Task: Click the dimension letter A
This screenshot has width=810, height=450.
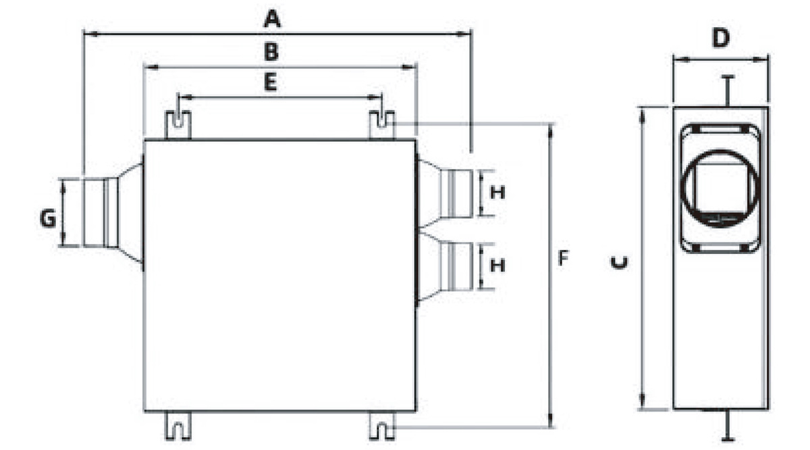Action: click(272, 19)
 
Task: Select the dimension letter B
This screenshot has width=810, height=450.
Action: click(271, 52)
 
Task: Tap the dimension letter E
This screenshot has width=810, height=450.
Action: click(271, 82)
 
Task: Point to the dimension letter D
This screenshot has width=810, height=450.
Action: click(721, 38)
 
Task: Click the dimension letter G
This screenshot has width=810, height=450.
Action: click(48, 219)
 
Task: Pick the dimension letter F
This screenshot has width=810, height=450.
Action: click(563, 258)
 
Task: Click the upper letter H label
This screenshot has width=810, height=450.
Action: click(497, 193)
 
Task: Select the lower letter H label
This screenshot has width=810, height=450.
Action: click(497, 266)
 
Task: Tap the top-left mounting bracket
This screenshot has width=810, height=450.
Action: click(178, 125)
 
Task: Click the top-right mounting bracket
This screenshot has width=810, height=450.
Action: click(382, 125)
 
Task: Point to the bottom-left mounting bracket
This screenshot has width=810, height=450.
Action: click(178, 426)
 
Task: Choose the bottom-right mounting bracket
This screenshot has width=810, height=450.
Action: click(382, 426)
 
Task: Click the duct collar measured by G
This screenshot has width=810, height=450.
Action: click(101, 213)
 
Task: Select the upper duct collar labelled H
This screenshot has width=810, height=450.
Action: click(456, 194)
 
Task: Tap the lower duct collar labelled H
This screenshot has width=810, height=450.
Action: click(456, 266)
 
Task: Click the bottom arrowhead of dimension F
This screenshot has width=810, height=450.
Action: click(550, 420)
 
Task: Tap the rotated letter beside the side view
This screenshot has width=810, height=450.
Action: click(619, 263)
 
